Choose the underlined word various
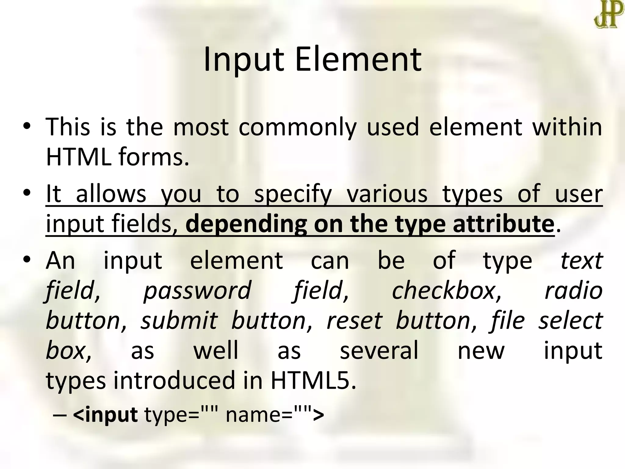[x=387, y=194]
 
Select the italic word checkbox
[x=446, y=290]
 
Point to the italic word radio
[x=573, y=290]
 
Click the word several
[x=379, y=351]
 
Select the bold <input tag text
[x=105, y=415]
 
